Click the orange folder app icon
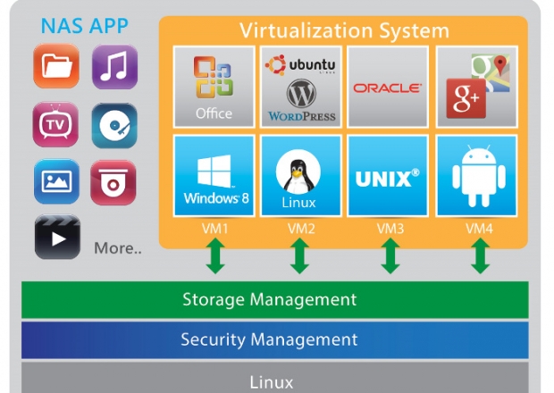tap(56, 66)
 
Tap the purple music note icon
tap(115, 66)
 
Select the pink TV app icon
tap(55, 124)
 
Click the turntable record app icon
tap(114, 125)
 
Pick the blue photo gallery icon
tap(56, 181)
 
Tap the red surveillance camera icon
tap(113, 182)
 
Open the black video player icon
tap(57, 237)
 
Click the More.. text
tap(118, 248)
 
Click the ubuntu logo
tap(300, 65)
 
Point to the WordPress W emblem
tap(301, 93)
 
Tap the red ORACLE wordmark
tap(388, 88)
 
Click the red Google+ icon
tap(466, 98)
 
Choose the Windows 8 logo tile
tap(214, 175)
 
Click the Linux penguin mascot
tap(298, 171)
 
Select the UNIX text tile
tap(388, 175)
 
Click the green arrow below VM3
tap(390, 256)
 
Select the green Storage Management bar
tap(275, 300)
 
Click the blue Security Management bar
tap(275, 340)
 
